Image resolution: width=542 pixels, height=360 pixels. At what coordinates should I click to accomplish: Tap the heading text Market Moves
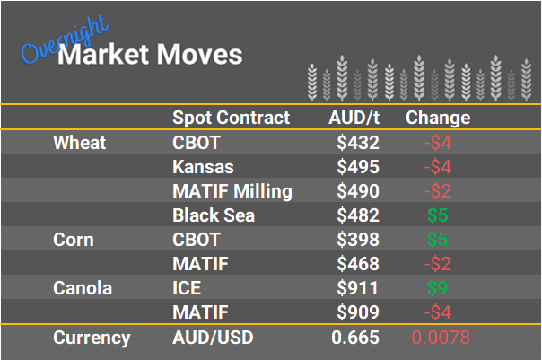point(150,55)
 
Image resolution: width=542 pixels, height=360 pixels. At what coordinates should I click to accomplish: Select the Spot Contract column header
point(231,119)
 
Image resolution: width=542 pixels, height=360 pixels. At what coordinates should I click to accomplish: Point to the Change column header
point(438,119)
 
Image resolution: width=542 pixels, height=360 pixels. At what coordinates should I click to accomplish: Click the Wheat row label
point(79,143)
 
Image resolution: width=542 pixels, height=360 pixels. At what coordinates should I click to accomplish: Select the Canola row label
point(82,289)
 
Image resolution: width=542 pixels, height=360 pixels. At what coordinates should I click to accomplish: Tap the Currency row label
point(92,338)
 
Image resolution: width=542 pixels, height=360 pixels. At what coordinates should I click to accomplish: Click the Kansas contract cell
point(203,167)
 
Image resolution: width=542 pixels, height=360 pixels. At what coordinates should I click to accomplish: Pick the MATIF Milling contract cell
point(232,191)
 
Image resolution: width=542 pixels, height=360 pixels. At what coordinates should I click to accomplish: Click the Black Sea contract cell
point(214,215)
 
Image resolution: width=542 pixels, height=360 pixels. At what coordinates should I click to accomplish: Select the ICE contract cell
point(186,289)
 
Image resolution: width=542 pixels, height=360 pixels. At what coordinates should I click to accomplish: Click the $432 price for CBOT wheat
point(358,143)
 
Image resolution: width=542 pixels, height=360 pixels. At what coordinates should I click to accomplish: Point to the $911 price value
point(358,289)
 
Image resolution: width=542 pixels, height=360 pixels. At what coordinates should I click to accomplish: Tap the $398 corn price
point(358,241)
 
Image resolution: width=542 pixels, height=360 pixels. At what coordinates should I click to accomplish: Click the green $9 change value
point(436,289)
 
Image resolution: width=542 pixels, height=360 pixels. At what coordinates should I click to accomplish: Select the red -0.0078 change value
point(437,338)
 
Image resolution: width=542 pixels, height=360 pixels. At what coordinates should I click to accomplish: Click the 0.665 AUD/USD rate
point(355,338)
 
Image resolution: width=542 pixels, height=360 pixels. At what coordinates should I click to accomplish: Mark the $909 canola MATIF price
point(358,313)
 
